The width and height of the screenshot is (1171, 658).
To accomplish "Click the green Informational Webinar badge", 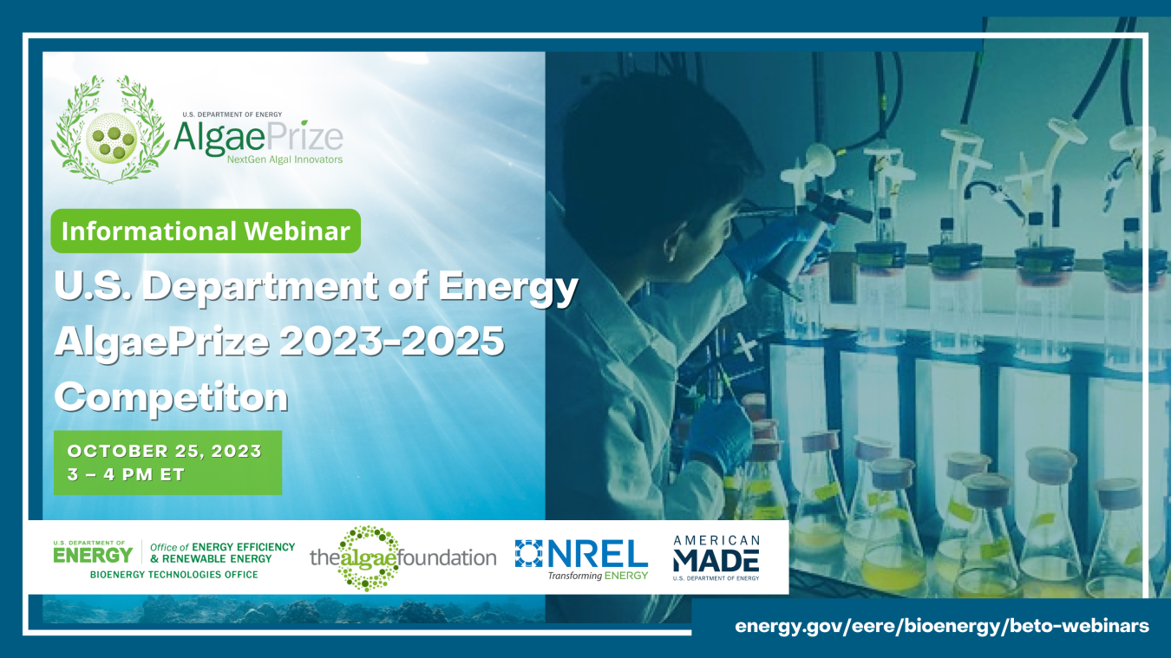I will (206, 231).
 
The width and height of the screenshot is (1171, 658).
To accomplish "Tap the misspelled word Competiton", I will (171, 396).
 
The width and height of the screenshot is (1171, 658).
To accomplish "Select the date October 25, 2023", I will (164, 451).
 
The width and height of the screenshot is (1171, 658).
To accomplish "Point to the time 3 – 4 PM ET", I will (126, 475).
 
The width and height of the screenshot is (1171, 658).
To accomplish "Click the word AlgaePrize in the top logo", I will (258, 136).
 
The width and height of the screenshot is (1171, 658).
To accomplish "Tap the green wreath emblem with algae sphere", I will (110, 130).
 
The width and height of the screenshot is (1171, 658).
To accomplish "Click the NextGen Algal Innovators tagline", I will (284, 160).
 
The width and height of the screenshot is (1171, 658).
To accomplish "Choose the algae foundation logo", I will (402, 557).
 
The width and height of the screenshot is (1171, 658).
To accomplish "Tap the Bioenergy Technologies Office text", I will (173, 575).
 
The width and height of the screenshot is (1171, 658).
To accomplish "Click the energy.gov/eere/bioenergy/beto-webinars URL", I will (941, 625).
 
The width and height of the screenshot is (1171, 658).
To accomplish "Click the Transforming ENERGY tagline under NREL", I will (598, 575).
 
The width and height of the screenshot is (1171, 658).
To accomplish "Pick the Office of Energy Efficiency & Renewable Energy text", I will (222, 552).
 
